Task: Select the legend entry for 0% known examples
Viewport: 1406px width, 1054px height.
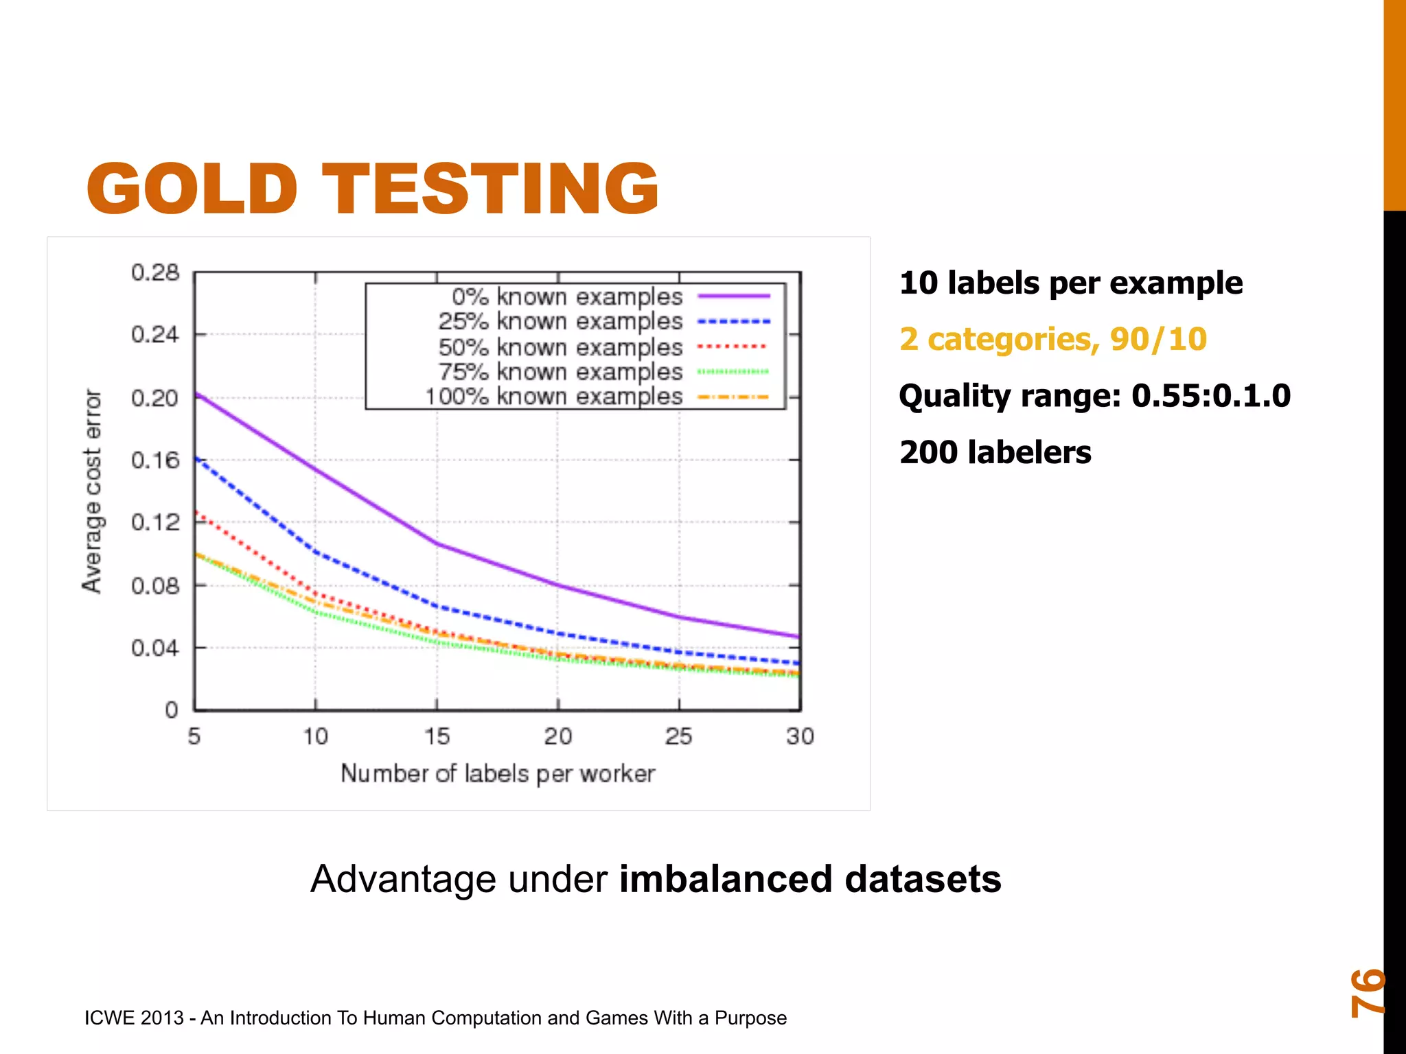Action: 567,296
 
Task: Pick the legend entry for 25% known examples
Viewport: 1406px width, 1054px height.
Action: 560,321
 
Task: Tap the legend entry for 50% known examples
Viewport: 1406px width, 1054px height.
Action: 560,347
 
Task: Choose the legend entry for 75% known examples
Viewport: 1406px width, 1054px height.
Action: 560,372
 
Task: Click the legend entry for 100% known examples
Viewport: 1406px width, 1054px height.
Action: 553,397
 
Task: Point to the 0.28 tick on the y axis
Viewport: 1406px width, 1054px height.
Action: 155,272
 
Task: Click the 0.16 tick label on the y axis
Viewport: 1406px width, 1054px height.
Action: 155,460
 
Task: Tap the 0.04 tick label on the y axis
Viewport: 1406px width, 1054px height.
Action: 155,648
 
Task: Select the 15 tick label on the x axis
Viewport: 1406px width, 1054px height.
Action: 437,736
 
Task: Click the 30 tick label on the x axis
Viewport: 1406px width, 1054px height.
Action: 800,736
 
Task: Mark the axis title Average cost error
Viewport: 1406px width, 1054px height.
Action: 92,491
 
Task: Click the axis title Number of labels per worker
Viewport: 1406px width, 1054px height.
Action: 498,773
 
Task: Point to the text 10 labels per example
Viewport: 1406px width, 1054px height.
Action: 1070,283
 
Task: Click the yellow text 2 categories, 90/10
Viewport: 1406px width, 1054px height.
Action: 1052,339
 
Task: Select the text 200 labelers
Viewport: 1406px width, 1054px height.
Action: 995,452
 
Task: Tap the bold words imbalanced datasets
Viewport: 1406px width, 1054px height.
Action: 810,879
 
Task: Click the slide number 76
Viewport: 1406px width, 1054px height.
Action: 1366,992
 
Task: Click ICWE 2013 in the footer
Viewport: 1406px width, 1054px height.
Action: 134,1018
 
